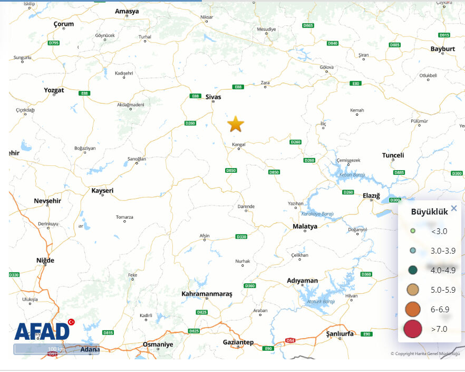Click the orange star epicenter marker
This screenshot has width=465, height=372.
236,125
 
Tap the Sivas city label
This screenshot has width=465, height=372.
213,97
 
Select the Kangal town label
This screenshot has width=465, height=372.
239,143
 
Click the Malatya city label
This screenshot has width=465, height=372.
305,226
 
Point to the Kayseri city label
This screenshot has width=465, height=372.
102,190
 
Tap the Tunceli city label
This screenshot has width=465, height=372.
393,155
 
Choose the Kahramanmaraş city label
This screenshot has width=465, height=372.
207,293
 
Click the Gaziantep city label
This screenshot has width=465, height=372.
238,342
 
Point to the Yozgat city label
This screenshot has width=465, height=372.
54,90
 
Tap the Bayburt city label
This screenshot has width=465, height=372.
442,49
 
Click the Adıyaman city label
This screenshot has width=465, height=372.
302,281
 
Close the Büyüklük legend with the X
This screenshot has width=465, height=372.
454,208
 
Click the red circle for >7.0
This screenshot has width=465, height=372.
413,329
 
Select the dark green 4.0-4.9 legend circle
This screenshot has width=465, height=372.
413,270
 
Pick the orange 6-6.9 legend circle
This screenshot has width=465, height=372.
413,309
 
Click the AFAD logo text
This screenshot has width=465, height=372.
42,331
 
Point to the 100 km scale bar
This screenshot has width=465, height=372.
56,349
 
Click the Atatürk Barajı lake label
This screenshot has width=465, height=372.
321,301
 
